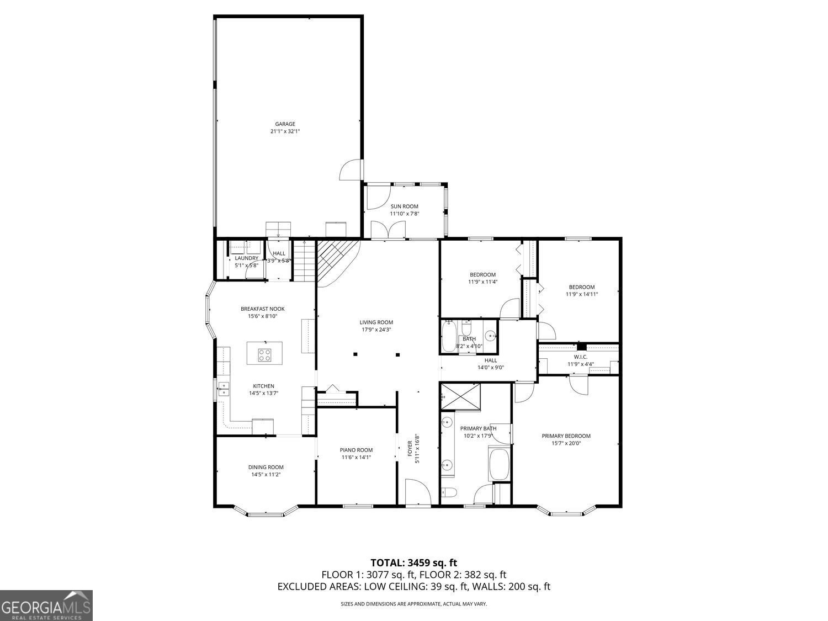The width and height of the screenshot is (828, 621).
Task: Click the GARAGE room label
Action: pos(285,124)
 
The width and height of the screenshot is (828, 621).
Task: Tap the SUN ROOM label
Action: pos(405,206)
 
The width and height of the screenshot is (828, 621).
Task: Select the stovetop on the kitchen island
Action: pos(264,354)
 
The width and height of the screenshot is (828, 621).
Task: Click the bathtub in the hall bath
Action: pos(449,336)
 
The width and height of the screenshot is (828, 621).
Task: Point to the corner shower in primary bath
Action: pos(461,396)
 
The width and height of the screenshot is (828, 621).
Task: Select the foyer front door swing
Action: pos(418,491)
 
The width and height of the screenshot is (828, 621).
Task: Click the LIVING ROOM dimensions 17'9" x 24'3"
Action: pos(376,330)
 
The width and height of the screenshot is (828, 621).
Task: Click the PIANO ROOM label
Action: pos(356,450)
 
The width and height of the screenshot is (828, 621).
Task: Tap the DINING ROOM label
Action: pos(266,467)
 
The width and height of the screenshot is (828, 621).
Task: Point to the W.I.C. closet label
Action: pos(581,357)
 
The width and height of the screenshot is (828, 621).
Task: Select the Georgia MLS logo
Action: pos(46,606)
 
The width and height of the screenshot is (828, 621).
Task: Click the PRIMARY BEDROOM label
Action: pos(566,436)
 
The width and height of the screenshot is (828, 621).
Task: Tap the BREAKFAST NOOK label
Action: pos(263,309)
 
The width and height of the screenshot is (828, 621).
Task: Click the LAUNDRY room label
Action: pos(246,258)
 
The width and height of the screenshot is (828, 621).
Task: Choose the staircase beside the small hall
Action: pos(304,260)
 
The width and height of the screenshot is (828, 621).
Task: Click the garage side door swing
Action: pos(349,169)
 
